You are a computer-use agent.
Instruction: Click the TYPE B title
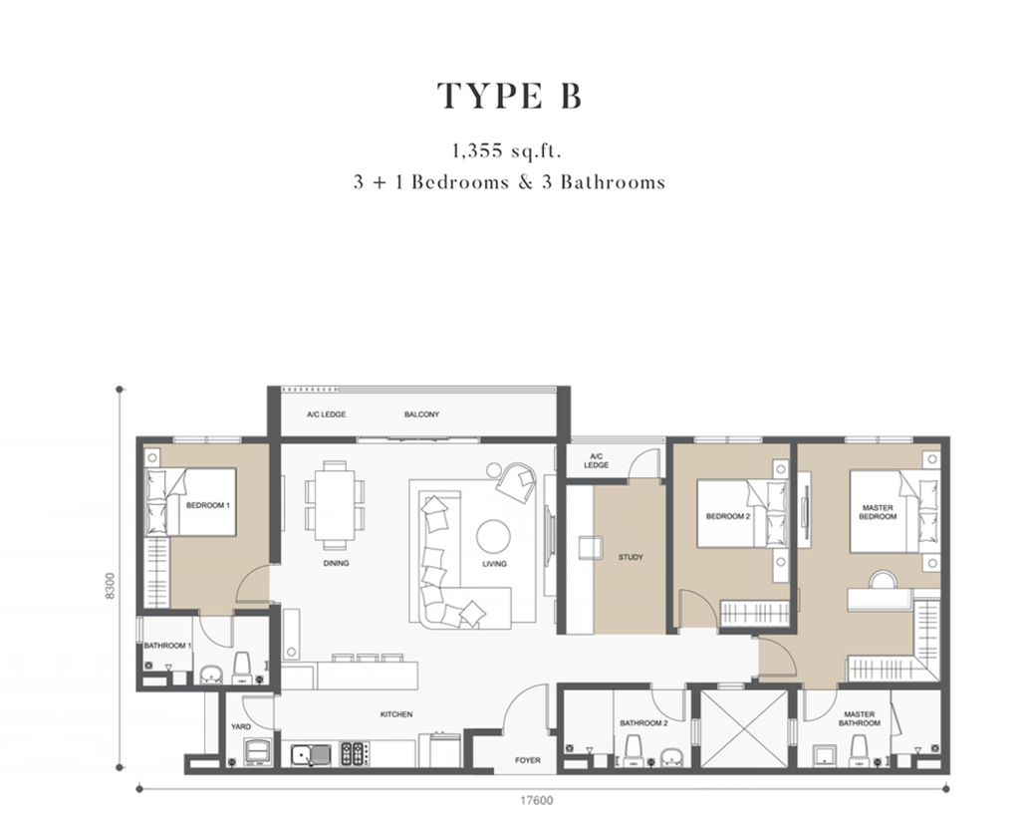tap(509, 97)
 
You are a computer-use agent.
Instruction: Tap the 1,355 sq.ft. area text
tap(507, 151)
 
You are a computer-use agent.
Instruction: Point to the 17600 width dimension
tap(537, 800)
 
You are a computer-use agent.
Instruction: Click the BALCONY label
tap(421, 414)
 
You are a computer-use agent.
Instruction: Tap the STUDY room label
tap(631, 557)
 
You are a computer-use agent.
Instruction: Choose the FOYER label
tap(528, 760)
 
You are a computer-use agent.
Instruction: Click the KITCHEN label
tap(396, 714)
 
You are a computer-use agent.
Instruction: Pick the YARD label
tap(241, 727)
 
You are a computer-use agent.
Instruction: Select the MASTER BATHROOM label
tap(860, 718)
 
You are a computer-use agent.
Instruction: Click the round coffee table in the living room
tap(493, 537)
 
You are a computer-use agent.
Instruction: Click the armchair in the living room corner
tap(516, 481)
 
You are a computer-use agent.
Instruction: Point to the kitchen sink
tap(311, 755)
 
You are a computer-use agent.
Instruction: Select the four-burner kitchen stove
tap(355, 753)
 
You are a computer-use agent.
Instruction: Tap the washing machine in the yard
tap(258, 751)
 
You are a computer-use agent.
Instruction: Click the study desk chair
tap(590, 547)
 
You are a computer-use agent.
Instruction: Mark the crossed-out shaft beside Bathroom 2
tap(744, 727)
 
